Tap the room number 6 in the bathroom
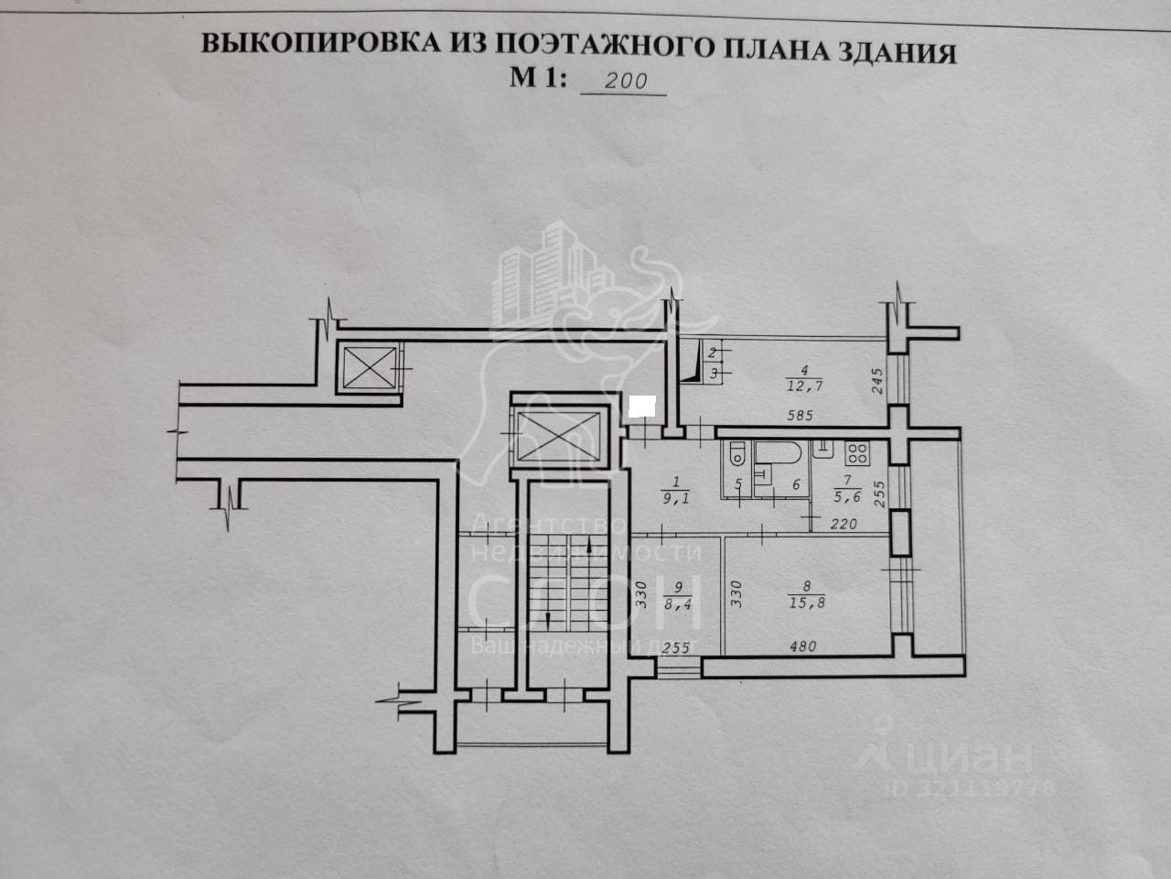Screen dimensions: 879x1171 click(x=795, y=485)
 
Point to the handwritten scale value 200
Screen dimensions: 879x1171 click(x=627, y=81)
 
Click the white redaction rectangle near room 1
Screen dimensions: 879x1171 click(x=645, y=405)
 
